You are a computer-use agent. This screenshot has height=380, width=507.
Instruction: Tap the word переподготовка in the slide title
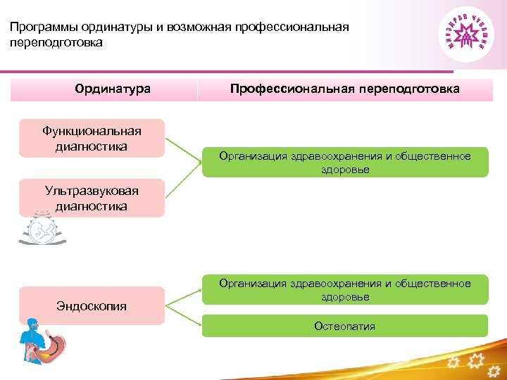(56, 43)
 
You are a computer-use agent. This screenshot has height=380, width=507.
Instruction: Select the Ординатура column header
(113, 89)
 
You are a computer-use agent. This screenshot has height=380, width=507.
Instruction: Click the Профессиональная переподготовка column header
(344, 89)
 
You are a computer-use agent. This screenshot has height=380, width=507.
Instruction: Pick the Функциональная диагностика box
(92, 138)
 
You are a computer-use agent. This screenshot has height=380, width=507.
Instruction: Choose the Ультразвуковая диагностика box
(92, 198)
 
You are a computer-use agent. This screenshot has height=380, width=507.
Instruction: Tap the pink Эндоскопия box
(92, 305)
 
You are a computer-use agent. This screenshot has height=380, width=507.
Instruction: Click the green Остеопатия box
(344, 326)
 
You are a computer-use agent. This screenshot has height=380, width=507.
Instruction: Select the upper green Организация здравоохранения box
(344, 162)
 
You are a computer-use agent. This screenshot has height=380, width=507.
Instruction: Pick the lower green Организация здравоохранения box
(344, 289)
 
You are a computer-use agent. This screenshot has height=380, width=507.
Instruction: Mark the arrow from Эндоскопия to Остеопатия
(184, 316)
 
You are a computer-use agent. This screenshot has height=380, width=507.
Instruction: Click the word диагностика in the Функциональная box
(92, 146)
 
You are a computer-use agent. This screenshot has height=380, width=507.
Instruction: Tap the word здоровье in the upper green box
(344, 170)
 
